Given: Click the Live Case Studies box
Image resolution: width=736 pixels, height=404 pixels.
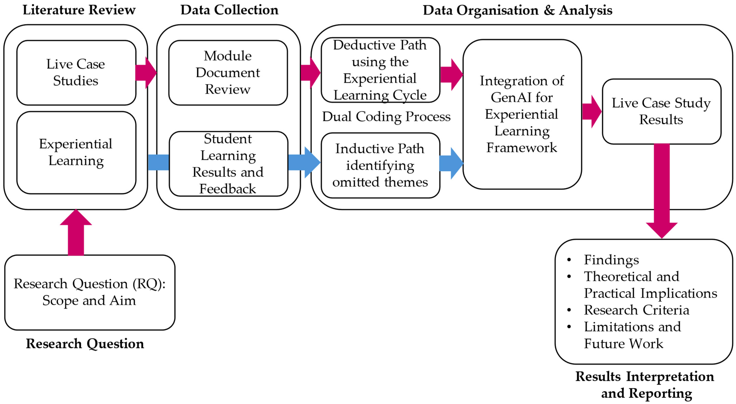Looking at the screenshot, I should tap(76, 73).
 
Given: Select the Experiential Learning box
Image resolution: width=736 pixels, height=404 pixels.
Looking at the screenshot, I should tap(76, 152).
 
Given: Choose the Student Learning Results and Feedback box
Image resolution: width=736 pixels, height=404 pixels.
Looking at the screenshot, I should tap(228, 164).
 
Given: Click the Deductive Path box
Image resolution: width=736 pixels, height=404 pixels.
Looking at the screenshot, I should tap(380, 70).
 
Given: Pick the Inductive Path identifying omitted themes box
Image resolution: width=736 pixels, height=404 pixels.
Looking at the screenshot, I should tap(380, 165).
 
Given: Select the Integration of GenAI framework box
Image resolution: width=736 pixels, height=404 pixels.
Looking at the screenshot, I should tap(522, 114).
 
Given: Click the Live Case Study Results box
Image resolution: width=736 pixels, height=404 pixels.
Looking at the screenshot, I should tap(661, 112).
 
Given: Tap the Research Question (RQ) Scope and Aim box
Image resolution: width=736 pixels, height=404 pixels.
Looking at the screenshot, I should tap(89, 292).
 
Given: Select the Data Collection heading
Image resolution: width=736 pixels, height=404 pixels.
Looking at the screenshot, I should tap(229, 10).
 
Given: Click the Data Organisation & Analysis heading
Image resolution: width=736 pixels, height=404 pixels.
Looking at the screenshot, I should tap(517, 10).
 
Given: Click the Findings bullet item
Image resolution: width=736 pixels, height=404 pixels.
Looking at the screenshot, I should tap(611, 260).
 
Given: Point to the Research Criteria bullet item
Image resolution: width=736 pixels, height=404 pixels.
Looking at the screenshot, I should tap(636, 310).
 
